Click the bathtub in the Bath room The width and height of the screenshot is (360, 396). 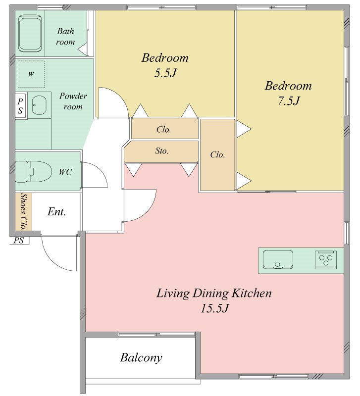tap(30, 34)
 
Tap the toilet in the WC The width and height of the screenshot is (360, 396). tap(33, 171)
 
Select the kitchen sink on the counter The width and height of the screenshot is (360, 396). tap(278, 259)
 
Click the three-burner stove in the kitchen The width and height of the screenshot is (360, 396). tap(326, 259)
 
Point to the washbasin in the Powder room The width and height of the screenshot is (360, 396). tap(39, 105)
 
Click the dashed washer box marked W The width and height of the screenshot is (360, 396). tap(31, 74)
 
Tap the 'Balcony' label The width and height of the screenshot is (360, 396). tap(141, 358)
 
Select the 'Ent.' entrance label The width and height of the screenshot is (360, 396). tap(56, 212)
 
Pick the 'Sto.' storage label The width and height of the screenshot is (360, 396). tap(162, 151)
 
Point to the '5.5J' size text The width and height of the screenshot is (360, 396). tap(165, 73)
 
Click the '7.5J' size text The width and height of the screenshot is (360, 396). tap(289, 101)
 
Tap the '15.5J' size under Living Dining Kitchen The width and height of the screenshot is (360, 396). tap(215, 308)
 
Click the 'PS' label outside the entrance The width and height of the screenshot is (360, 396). tap(18, 240)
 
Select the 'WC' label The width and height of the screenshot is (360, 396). tap(65, 172)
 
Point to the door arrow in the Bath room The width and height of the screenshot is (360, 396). tap(82, 49)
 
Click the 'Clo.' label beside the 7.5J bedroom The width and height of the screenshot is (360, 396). tap(217, 154)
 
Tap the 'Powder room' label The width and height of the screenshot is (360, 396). tap(73, 101)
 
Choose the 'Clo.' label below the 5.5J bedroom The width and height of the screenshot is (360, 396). tap(163, 130)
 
